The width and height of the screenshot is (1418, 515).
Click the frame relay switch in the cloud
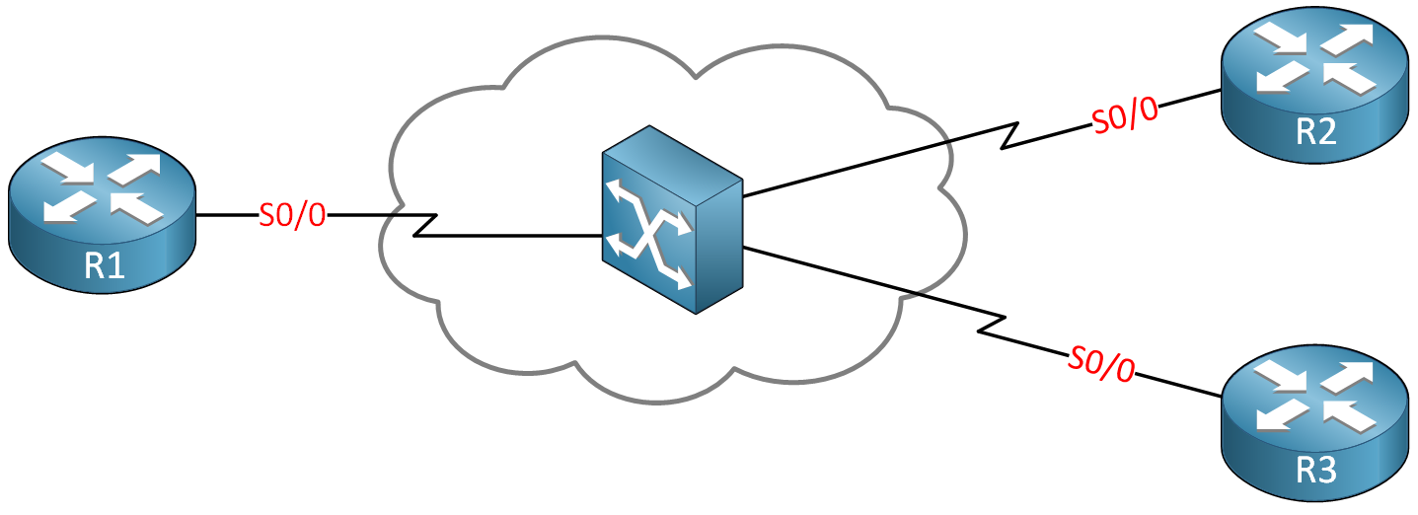(x=671, y=219)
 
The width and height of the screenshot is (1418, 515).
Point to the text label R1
(x=104, y=265)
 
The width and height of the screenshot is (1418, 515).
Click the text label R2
(x=1315, y=130)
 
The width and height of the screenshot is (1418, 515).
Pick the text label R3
(x=1315, y=471)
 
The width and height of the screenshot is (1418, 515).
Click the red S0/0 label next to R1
(x=292, y=215)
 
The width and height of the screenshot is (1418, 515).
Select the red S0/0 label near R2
(x=1124, y=117)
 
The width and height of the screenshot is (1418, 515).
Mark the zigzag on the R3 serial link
(x=992, y=327)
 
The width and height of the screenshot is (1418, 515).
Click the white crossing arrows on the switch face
(x=647, y=234)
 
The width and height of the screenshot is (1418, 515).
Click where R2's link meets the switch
(x=743, y=196)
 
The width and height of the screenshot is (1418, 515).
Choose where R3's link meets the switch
(x=743, y=248)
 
